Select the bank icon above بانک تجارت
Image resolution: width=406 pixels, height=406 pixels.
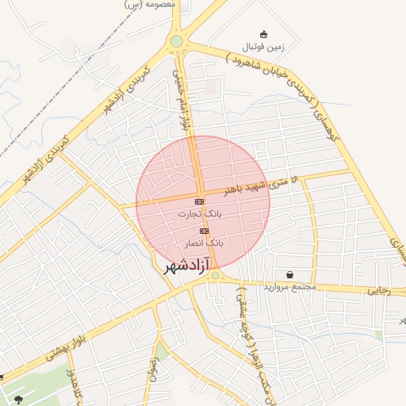[199, 201]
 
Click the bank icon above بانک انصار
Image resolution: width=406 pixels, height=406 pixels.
[204, 230]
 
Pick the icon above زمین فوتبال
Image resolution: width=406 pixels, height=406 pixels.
[263, 34]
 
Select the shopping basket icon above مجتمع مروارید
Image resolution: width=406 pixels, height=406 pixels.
[290, 274]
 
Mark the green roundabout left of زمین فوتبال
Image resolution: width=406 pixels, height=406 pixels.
[176, 41]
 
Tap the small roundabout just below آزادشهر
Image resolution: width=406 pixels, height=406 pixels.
[215, 276]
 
